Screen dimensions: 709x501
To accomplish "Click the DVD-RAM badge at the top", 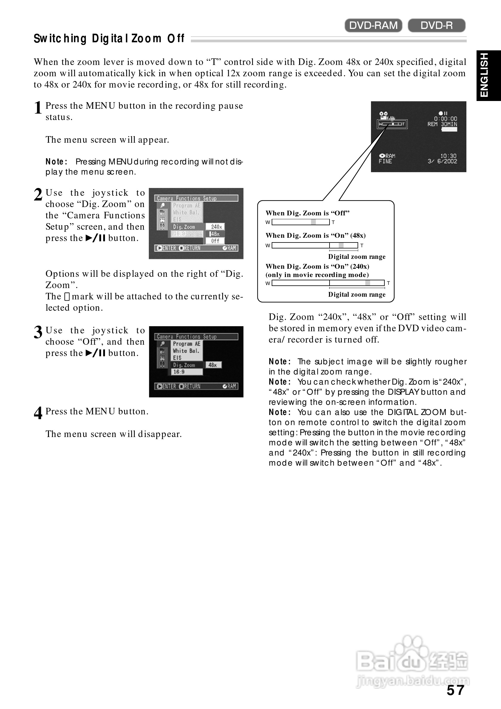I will click(x=373, y=25).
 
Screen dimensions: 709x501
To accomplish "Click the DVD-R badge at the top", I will click(x=436, y=25).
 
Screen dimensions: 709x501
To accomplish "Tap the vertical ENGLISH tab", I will click(x=488, y=75).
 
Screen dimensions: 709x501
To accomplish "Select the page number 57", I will click(x=455, y=690).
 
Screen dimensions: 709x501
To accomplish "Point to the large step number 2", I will click(x=38, y=195).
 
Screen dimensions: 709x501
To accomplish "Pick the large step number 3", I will click(x=38, y=332).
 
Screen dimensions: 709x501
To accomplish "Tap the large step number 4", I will click(x=38, y=413).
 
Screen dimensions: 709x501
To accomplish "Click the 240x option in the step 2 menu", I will click(x=216, y=227).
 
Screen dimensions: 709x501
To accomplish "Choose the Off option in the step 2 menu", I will click(x=215, y=241).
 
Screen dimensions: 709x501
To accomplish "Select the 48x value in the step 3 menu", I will click(x=213, y=365).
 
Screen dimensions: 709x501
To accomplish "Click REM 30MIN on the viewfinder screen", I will click(x=442, y=124).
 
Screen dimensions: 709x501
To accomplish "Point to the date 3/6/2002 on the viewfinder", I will click(x=442, y=161).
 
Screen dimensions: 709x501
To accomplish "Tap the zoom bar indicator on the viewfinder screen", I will click(x=392, y=124).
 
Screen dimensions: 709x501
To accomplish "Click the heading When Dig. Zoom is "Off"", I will click(x=307, y=213).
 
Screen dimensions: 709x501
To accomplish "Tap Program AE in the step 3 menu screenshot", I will click(x=187, y=344).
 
